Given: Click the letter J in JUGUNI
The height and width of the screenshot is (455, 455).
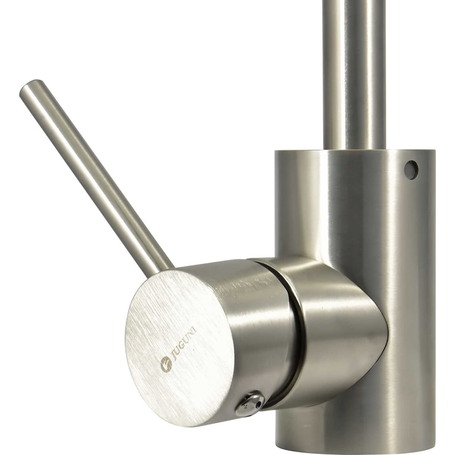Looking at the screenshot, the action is point(175,358).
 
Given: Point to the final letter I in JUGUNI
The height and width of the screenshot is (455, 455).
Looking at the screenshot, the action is point(195,329).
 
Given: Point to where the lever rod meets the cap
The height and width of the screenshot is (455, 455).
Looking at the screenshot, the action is point(162,269).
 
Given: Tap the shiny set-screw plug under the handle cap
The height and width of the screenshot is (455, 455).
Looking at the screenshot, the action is point(249,403).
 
